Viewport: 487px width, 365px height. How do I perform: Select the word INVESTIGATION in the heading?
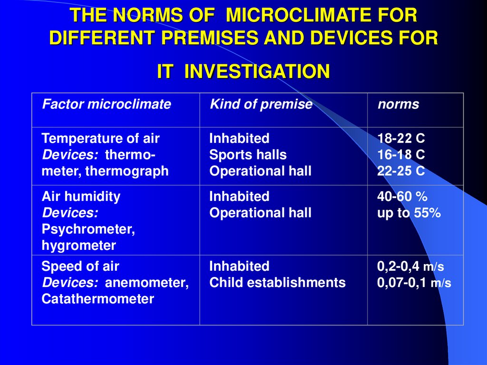[257, 71]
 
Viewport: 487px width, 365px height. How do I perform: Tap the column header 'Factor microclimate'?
[107, 104]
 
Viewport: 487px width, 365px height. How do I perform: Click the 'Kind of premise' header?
[261, 104]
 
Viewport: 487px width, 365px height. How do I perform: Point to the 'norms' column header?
[398, 104]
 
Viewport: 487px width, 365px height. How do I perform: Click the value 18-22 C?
[401, 139]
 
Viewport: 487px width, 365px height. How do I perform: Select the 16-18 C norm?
[401, 155]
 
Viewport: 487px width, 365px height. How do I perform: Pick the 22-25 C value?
[401, 171]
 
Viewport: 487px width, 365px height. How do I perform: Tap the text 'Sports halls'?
[248, 155]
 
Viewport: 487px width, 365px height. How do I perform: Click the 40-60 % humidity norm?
[400, 197]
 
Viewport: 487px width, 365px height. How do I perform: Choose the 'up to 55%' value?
[409, 213]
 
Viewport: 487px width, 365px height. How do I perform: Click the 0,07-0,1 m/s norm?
[414, 283]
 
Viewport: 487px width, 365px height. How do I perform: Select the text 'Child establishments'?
[277, 283]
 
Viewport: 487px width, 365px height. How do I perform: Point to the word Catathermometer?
[97, 299]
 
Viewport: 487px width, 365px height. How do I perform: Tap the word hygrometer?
[78, 246]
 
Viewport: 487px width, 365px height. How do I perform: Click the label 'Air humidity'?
[81, 197]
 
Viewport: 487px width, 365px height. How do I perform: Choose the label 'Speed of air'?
[80, 266]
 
